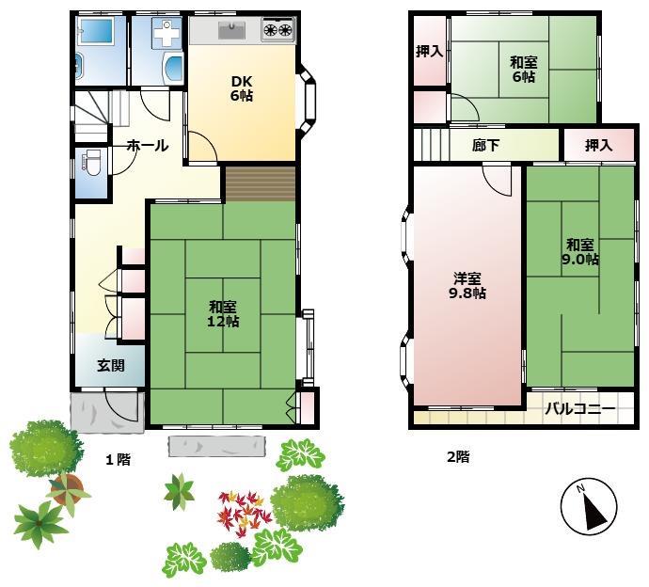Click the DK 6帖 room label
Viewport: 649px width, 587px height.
[x=242, y=88]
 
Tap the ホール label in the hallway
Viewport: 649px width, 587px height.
[x=148, y=146]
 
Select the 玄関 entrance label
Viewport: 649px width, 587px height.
[x=110, y=366]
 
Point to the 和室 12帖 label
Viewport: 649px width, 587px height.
[x=223, y=314]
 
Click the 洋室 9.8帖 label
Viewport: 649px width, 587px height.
[x=467, y=286]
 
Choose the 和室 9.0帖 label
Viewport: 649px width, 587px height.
[x=580, y=252]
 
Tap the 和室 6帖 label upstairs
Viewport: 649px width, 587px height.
[x=524, y=70]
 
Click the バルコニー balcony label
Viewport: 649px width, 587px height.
[x=580, y=408]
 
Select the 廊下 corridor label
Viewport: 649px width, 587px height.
[x=486, y=145]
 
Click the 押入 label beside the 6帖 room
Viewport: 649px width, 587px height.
[x=430, y=52]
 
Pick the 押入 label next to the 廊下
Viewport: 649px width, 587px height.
[x=598, y=145]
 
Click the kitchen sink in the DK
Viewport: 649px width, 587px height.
[x=232, y=30]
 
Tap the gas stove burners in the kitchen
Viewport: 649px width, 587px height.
[x=278, y=30]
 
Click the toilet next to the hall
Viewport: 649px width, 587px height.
[x=91, y=160]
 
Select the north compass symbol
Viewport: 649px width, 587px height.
[x=589, y=506]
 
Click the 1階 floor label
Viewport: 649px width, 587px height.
[x=118, y=459]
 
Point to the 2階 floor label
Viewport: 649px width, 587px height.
[x=458, y=456]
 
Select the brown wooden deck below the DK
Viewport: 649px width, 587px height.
[x=261, y=184]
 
